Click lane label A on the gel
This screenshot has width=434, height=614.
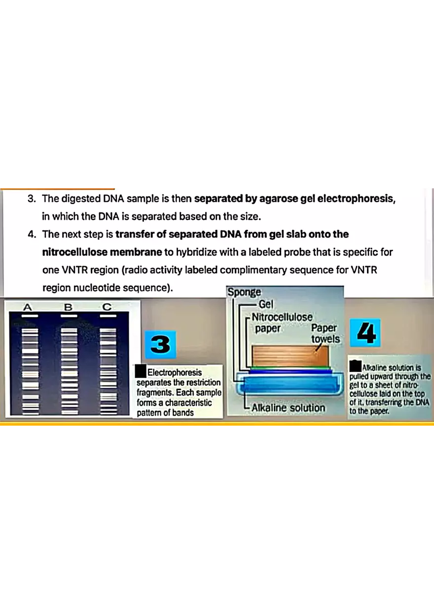(x=27, y=307)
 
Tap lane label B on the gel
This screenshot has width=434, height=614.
(x=68, y=307)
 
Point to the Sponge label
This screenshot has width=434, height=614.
(x=244, y=292)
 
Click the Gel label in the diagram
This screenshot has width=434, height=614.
(x=266, y=305)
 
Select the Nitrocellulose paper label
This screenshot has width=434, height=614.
(x=282, y=322)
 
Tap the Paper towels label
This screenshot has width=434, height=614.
(x=325, y=333)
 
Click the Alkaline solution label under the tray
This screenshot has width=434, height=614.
(x=288, y=408)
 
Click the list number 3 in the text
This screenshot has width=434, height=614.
(x=32, y=199)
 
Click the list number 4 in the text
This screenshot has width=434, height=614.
(x=32, y=234)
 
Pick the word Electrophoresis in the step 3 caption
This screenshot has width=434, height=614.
(x=175, y=372)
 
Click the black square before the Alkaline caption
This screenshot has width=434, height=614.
(x=355, y=366)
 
